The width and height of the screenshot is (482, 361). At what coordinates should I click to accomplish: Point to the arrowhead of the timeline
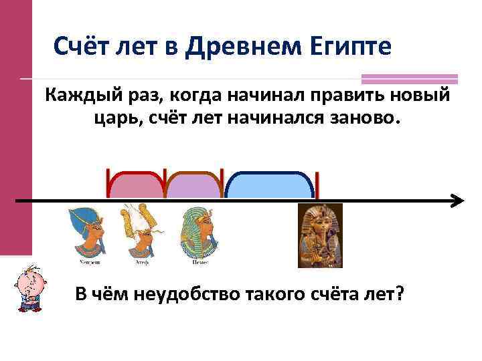pos(457,201)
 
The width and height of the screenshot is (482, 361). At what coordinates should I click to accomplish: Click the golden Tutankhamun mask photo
pos(320,235)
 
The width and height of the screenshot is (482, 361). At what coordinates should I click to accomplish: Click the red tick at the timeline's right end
pos(317,186)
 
